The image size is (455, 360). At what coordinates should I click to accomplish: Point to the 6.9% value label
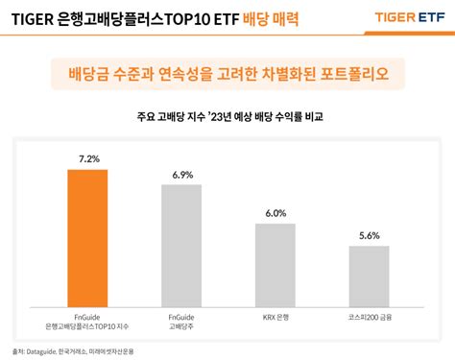click(x=182, y=175)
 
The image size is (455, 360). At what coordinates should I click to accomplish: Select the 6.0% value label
click(x=275, y=212)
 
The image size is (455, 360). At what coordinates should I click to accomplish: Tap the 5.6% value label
click(x=370, y=235)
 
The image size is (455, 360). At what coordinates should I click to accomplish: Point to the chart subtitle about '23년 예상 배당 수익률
click(x=227, y=117)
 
